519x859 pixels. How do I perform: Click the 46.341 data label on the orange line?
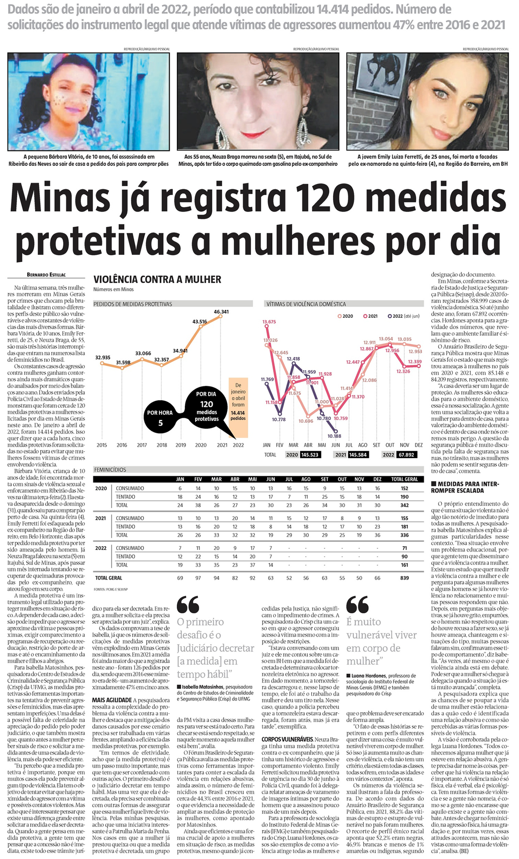(x=221, y=312)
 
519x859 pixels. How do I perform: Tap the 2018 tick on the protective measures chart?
(x=162, y=445)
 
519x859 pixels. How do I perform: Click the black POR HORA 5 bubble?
(x=160, y=418)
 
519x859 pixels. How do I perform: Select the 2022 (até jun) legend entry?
(x=404, y=316)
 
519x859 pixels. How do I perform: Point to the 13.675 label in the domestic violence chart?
(x=269, y=322)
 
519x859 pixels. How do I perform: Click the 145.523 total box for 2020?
(x=310, y=455)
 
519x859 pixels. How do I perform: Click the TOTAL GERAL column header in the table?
(x=404, y=479)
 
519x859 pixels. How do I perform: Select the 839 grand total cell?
(x=404, y=578)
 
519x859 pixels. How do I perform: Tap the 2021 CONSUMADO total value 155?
(x=404, y=518)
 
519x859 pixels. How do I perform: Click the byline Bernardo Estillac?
(x=46, y=274)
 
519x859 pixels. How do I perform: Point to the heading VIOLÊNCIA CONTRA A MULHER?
(x=157, y=279)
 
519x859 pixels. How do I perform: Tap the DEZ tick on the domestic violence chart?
(x=419, y=445)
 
